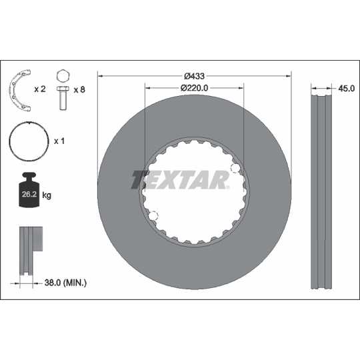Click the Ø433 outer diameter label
(x=194, y=76)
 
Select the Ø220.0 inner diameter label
(x=194, y=88)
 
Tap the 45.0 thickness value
(x=346, y=89)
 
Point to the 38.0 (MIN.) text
(x=65, y=283)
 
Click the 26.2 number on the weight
(x=29, y=194)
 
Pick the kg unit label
(x=47, y=195)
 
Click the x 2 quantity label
(x=40, y=89)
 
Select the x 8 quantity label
(x=79, y=89)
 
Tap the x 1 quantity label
(x=59, y=141)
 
